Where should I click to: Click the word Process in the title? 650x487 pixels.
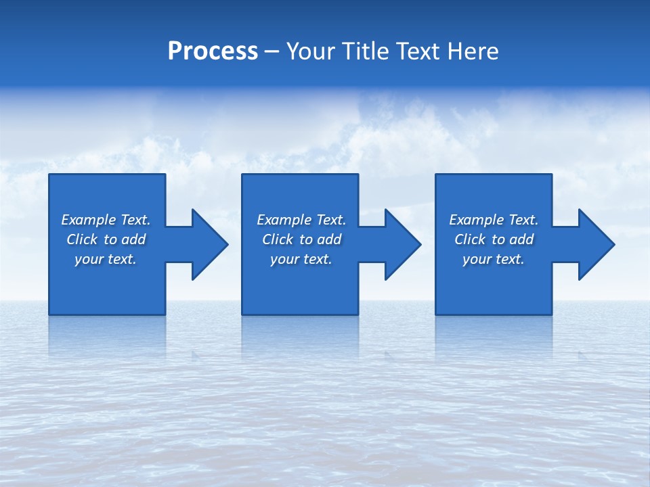coord(213,51)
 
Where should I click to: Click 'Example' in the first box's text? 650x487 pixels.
coord(88,220)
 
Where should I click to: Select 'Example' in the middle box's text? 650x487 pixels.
coord(284,220)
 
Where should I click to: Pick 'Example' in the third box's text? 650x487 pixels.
coord(476,220)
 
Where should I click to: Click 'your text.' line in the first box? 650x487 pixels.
coord(106,259)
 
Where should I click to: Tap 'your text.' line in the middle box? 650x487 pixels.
coord(301,259)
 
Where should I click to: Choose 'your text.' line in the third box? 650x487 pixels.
coord(494,259)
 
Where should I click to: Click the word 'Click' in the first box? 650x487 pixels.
coord(82,239)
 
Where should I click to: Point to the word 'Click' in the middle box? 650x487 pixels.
coord(278,239)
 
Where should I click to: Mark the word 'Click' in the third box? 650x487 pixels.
coord(470,239)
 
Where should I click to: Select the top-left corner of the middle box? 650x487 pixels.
coord(243,175)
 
